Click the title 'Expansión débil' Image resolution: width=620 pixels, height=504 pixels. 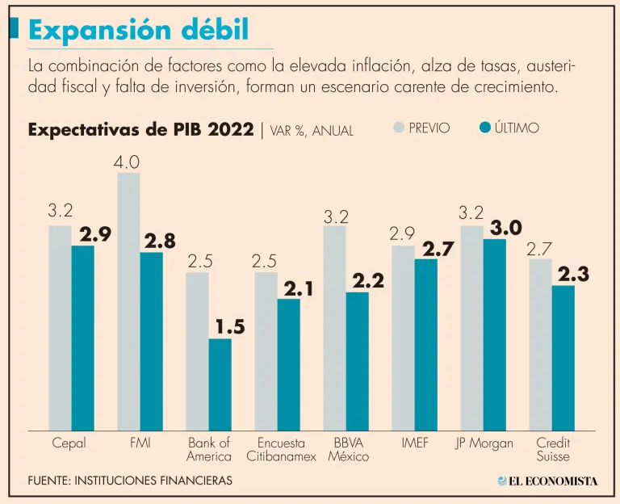pos(138,31)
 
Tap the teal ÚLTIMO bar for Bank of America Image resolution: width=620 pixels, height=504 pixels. pos(220,384)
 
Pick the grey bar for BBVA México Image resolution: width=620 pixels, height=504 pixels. pos(334,327)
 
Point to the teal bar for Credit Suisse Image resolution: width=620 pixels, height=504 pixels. pos(563,358)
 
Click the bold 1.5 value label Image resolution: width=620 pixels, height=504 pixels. pos(229,326)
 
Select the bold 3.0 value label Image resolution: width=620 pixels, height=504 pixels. pos(505,227)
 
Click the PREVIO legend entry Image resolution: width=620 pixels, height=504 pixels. pos(421,128)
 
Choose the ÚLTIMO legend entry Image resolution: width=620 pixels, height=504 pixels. pos(509,128)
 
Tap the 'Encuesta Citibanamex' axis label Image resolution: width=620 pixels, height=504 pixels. pos(281,449)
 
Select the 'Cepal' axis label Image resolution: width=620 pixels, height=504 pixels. pos(69,443)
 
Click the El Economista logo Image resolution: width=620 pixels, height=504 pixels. pos(547,481)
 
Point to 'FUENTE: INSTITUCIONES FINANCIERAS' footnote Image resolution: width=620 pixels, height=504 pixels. pos(130,481)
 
